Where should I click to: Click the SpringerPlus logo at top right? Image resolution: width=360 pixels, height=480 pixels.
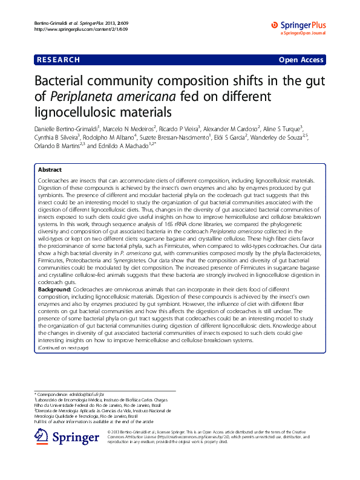[x=298, y=25]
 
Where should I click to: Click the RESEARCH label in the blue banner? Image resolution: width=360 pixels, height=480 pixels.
[x=58, y=60]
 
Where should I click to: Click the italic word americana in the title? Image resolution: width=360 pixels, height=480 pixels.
[x=145, y=96]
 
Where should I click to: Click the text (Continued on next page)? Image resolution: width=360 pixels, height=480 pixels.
[x=63, y=348]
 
